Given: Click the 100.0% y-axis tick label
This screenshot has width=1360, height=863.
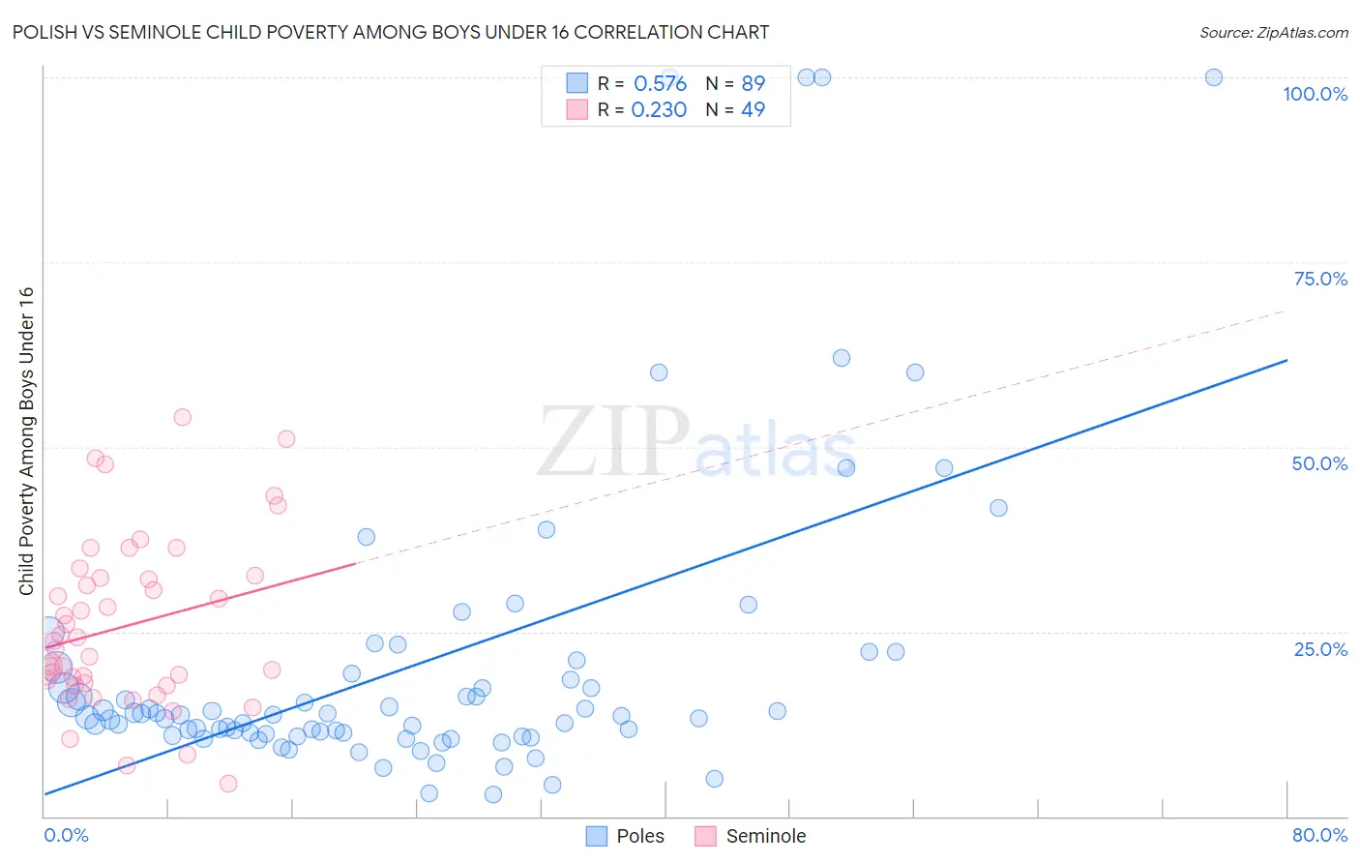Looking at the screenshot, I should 1315,94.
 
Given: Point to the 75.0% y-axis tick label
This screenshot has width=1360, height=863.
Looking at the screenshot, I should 1320,279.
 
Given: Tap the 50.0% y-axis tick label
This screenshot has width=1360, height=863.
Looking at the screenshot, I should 1319,463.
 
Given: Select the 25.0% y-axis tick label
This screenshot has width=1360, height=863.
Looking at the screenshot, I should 1320,649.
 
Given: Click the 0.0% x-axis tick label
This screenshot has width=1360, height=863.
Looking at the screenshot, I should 66,835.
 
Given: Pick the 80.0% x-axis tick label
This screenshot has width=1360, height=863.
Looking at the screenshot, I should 1319,835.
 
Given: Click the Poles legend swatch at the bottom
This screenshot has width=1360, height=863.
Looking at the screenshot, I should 597,836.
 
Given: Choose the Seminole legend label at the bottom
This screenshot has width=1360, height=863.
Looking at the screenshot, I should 765,836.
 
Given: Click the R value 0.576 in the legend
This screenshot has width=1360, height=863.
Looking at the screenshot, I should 660,83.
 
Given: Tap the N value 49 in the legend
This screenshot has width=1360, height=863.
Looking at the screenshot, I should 753,109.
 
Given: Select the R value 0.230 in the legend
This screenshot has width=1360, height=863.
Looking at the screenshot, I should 659,109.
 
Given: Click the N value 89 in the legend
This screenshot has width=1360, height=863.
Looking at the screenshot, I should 753,83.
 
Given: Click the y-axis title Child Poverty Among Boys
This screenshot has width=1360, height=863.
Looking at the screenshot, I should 26,441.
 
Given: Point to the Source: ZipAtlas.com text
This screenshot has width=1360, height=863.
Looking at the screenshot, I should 1273,32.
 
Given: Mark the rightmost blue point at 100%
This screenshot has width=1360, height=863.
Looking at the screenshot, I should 1213,77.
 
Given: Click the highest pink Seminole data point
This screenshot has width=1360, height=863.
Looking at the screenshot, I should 182,417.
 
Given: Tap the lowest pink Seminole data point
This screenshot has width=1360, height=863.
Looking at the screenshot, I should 228,784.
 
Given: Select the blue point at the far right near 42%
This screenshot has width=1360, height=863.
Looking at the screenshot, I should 998,508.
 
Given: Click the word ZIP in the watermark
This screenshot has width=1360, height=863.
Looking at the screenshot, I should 613,443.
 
